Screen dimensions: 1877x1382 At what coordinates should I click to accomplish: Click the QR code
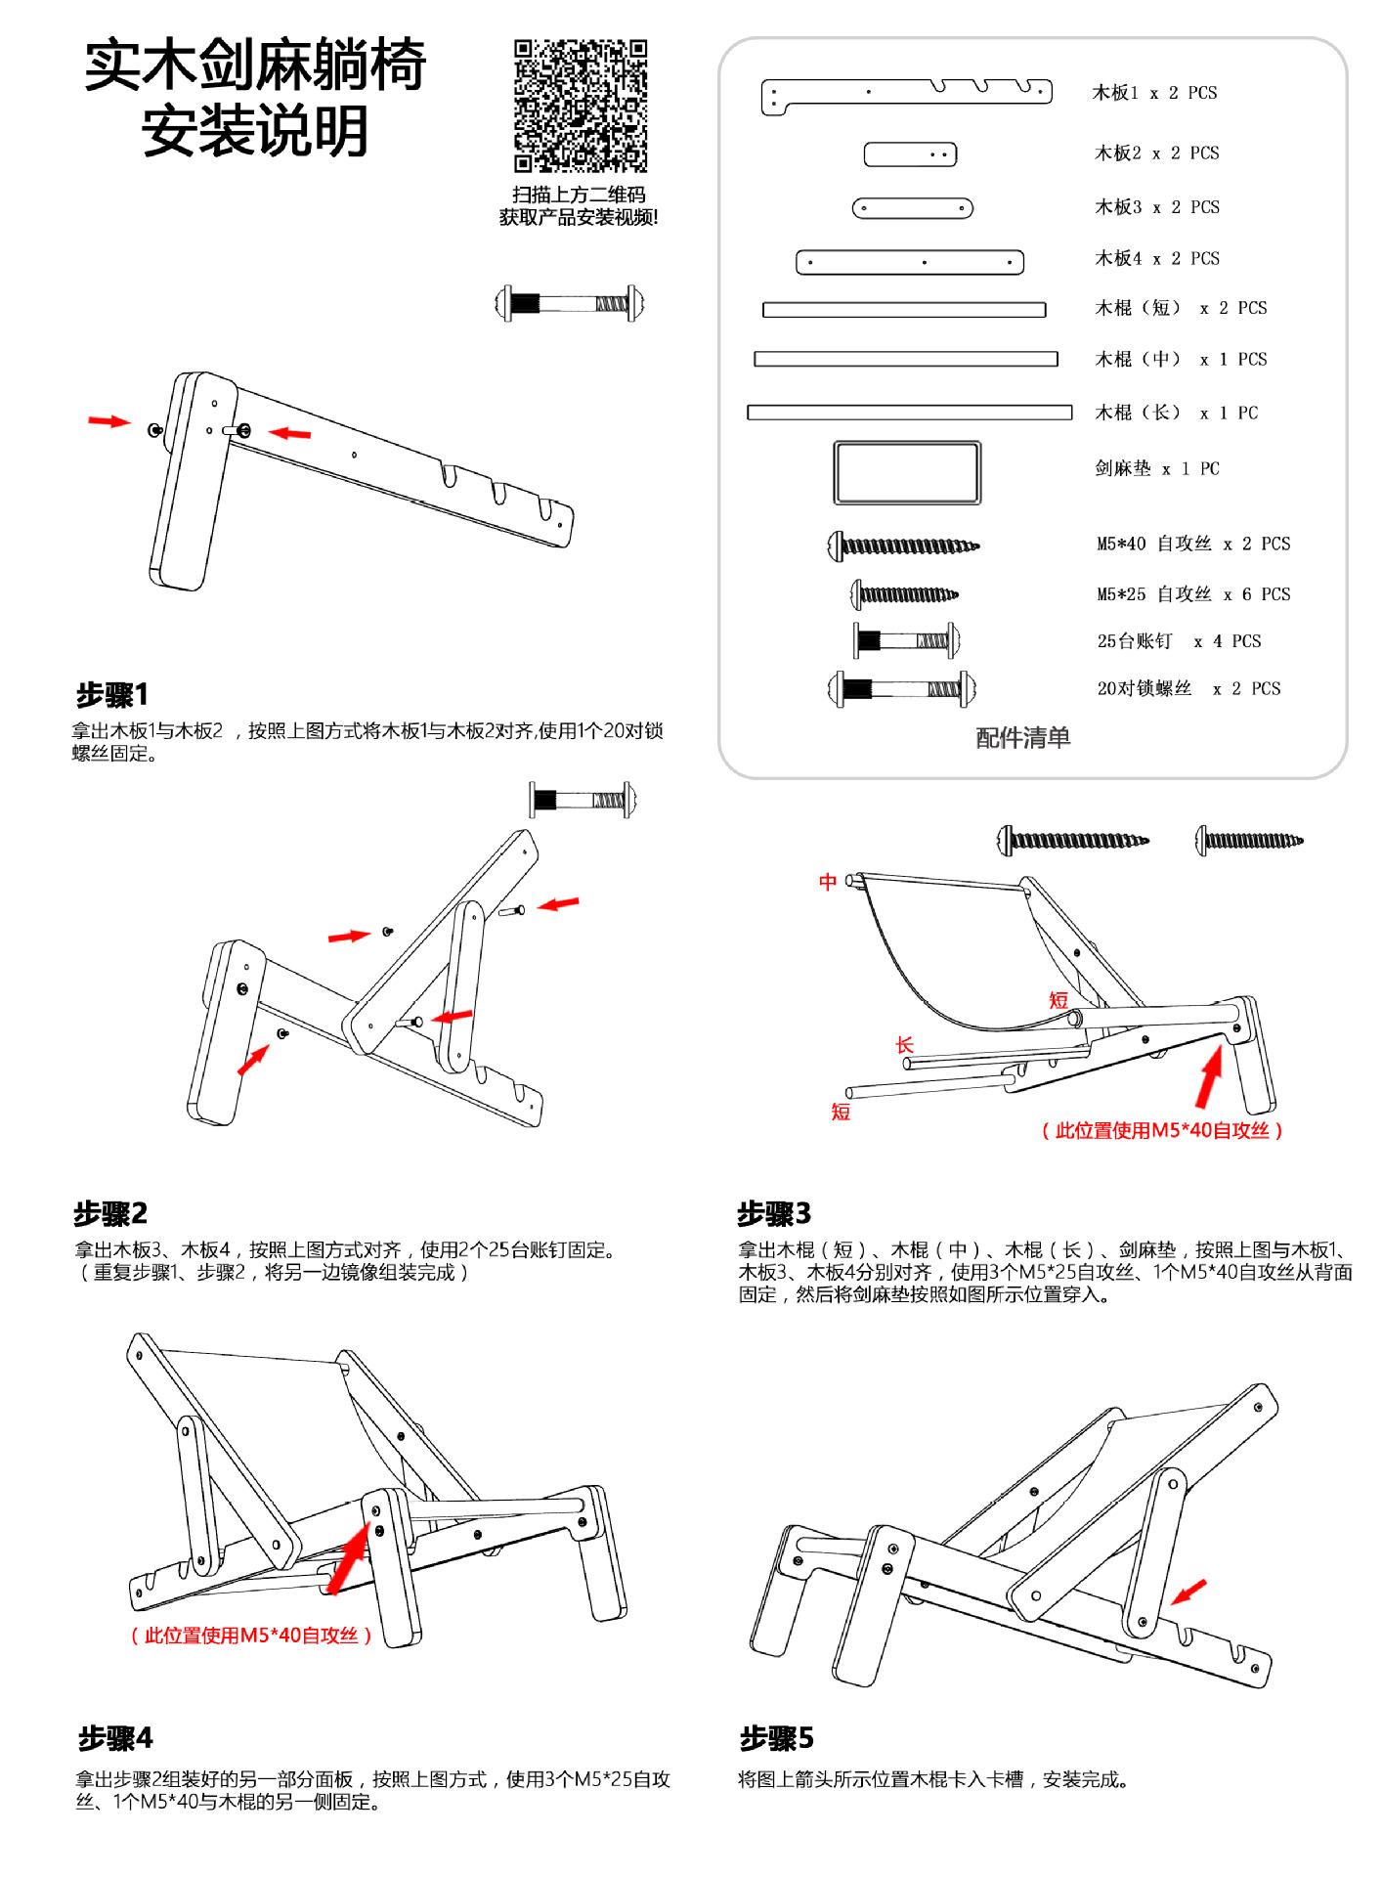pos(581,106)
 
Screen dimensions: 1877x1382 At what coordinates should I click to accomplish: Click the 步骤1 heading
pos(112,695)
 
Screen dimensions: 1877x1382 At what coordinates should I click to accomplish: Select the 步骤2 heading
pos(110,1213)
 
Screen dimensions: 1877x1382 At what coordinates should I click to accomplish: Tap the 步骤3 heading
pos(774,1213)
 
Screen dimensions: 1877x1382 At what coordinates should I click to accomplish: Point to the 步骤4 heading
pos(115,1738)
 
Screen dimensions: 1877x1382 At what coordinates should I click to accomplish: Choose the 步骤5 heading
pos(777,1738)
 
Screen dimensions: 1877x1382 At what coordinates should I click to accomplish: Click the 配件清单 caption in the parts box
pos(1022,737)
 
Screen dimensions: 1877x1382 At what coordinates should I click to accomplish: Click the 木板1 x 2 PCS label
pos(1154,93)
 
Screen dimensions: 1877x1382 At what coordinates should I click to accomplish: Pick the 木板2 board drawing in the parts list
pos(910,154)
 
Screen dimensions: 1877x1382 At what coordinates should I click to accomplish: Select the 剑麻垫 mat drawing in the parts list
pos(907,472)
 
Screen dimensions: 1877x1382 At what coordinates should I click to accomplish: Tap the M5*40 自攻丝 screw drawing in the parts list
pos(903,545)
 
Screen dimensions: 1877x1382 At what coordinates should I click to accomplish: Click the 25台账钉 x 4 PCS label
pos(1179,641)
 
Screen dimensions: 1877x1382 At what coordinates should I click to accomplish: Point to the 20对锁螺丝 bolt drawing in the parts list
pos(901,689)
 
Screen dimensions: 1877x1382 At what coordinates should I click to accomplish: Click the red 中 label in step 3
pos(828,882)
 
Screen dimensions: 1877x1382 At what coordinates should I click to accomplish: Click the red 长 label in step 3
pos(905,1045)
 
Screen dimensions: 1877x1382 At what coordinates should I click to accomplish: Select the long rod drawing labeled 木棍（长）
pos(909,413)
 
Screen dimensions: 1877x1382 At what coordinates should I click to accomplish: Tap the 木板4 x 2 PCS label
pos(1157,259)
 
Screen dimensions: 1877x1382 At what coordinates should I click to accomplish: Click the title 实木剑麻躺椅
pos(255,65)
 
